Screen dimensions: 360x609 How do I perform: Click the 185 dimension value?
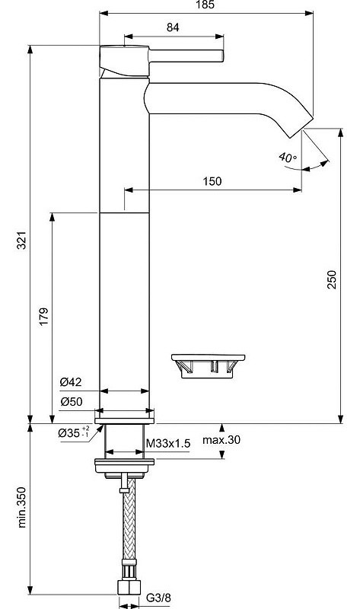[x=205, y=5]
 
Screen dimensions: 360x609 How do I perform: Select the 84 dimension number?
[x=173, y=27]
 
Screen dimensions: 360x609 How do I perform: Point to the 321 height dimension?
[x=22, y=240]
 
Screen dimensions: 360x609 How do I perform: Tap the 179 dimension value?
[x=43, y=317]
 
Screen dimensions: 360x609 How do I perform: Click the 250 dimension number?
[x=332, y=279]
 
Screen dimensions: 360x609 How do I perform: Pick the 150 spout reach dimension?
[x=212, y=181]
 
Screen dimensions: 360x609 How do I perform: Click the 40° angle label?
[x=288, y=158]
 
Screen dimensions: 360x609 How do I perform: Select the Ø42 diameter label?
[x=71, y=382]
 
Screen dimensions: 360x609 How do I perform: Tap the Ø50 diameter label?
[x=71, y=401]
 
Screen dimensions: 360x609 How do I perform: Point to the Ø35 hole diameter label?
[x=74, y=432]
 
